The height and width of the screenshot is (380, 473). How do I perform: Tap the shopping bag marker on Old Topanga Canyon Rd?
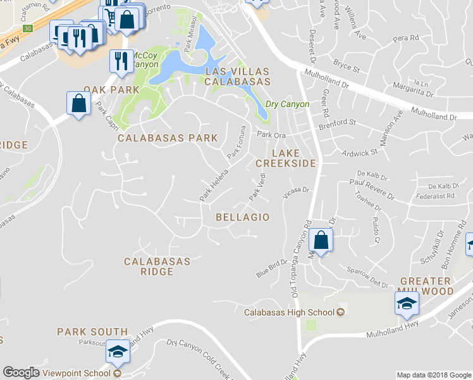click(x=321, y=241)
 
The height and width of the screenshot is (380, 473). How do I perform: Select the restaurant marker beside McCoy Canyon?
click(x=119, y=61)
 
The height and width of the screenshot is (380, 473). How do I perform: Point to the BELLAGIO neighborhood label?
click(x=243, y=217)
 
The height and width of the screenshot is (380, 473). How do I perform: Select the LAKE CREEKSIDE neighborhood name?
click(x=293, y=158)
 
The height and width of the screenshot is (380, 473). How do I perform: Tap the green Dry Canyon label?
click(x=287, y=104)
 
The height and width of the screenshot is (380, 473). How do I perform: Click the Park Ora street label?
click(x=271, y=134)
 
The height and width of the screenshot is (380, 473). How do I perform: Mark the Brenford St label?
click(x=338, y=122)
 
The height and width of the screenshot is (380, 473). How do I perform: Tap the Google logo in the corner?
click(x=20, y=372)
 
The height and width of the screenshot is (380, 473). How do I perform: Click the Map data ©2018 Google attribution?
click(x=434, y=375)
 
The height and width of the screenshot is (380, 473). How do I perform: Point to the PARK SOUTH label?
click(x=92, y=332)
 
